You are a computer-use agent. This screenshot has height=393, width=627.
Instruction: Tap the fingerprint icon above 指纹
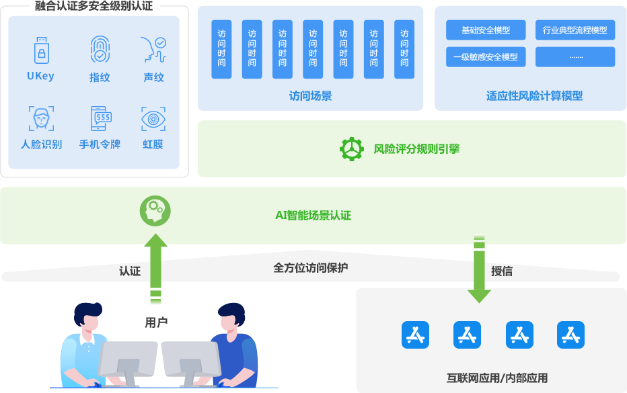pyautogui.click(x=100, y=50)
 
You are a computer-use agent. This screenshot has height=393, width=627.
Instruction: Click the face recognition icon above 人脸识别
pyautogui.click(x=41, y=118)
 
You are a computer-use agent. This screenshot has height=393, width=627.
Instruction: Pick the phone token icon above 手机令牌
pyautogui.click(x=100, y=118)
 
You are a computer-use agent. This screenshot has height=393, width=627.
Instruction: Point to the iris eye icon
pyautogui.click(x=153, y=119)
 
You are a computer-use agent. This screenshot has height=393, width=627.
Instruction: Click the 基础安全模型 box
pyautogui.click(x=486, y=30)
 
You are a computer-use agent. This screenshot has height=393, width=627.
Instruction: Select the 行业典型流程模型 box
pyautogui.click(x=575, y=30)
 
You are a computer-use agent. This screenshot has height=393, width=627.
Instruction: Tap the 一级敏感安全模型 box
pyautogui.click(x=486, y=57)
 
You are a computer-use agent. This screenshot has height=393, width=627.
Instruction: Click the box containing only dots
pyautogui.click(x=575, y=57)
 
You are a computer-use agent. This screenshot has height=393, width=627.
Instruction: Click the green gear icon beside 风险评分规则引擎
pyautogui.click(x=351, y=149)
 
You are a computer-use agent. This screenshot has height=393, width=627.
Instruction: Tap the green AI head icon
pyautogui.click(x=155, y=210)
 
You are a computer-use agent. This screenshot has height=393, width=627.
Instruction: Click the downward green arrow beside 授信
pyautogui.click(x=479, y=269)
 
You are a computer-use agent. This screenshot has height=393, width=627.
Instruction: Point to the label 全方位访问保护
pyautogui.click(x=310, y=267)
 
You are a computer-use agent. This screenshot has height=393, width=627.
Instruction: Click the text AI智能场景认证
pyautogui.click(x=313, y=216)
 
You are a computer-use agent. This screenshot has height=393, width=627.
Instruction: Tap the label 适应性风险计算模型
pyautogui.click(x=534, y=95)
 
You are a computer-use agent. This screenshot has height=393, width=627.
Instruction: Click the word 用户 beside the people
pyautogui.click(x=156, y=323)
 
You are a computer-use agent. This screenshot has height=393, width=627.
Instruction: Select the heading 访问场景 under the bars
pyautogui.click(x=310, y=95)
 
